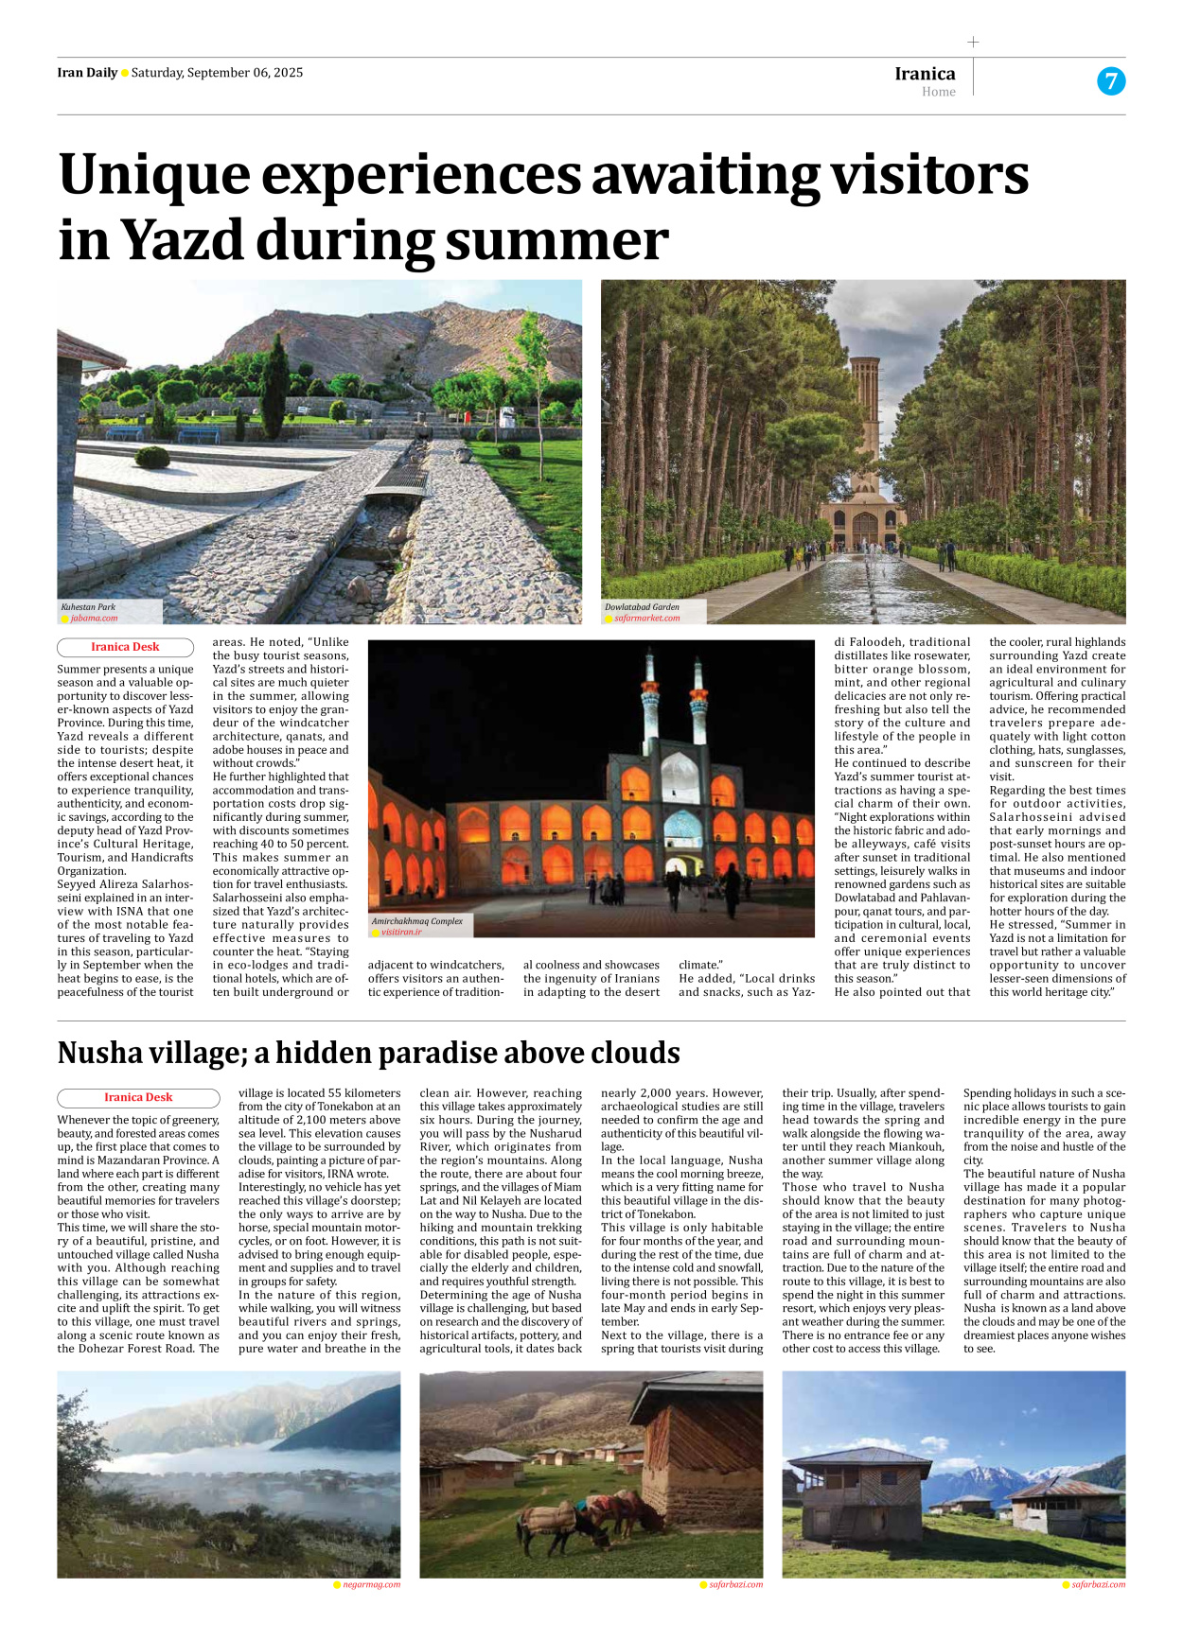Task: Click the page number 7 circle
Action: (x=1111, y=81)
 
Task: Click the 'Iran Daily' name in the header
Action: (x=87, y=73)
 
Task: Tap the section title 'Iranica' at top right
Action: (x=925, y=74)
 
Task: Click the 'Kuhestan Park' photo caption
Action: (x=88, y=607)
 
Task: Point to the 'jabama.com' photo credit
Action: (x=94, y=619)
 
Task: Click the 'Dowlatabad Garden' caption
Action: (x=642, y=607)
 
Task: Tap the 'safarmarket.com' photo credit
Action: (x=646, y=619)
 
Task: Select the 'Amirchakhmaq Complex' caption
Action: (x=416, y=921)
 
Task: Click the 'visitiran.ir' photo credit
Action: (x=401, y=933)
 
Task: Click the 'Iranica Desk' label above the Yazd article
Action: (x=125, y=648)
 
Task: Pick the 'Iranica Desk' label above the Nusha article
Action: (x=138, y=1098)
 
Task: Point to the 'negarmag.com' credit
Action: (x=371, y=1584)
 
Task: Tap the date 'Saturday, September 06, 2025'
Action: (x=217, y=73)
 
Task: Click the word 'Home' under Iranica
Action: (x=939, y=92)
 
